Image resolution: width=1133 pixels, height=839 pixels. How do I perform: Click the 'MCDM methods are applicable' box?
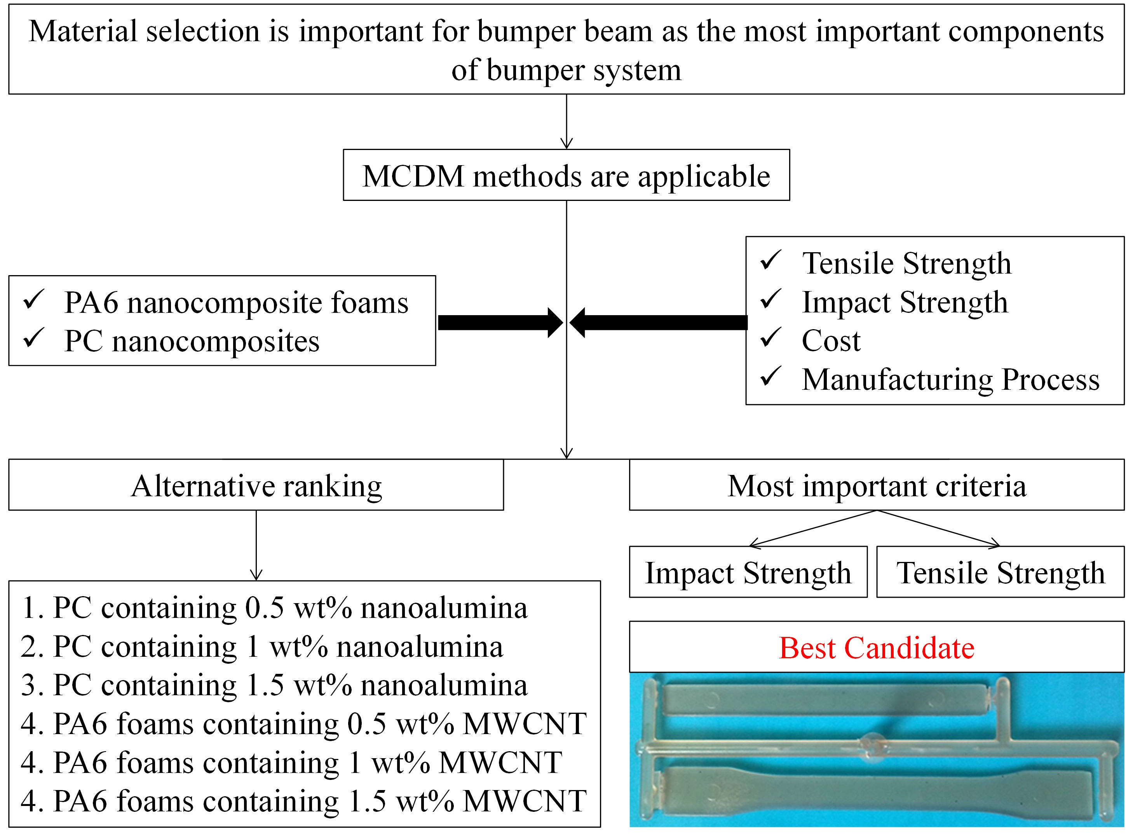566,175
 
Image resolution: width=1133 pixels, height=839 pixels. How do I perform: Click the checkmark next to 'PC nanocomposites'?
33,338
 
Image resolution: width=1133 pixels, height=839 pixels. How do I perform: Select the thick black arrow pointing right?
500,323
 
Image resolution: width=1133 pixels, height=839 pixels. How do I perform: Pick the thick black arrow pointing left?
658,323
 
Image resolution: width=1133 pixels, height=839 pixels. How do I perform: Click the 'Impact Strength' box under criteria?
748,572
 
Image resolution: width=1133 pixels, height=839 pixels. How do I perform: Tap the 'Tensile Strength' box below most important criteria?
1000,572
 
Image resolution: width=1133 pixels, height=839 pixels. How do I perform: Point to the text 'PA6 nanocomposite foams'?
236,303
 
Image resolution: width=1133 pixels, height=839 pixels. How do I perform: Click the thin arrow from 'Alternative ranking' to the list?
256,546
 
